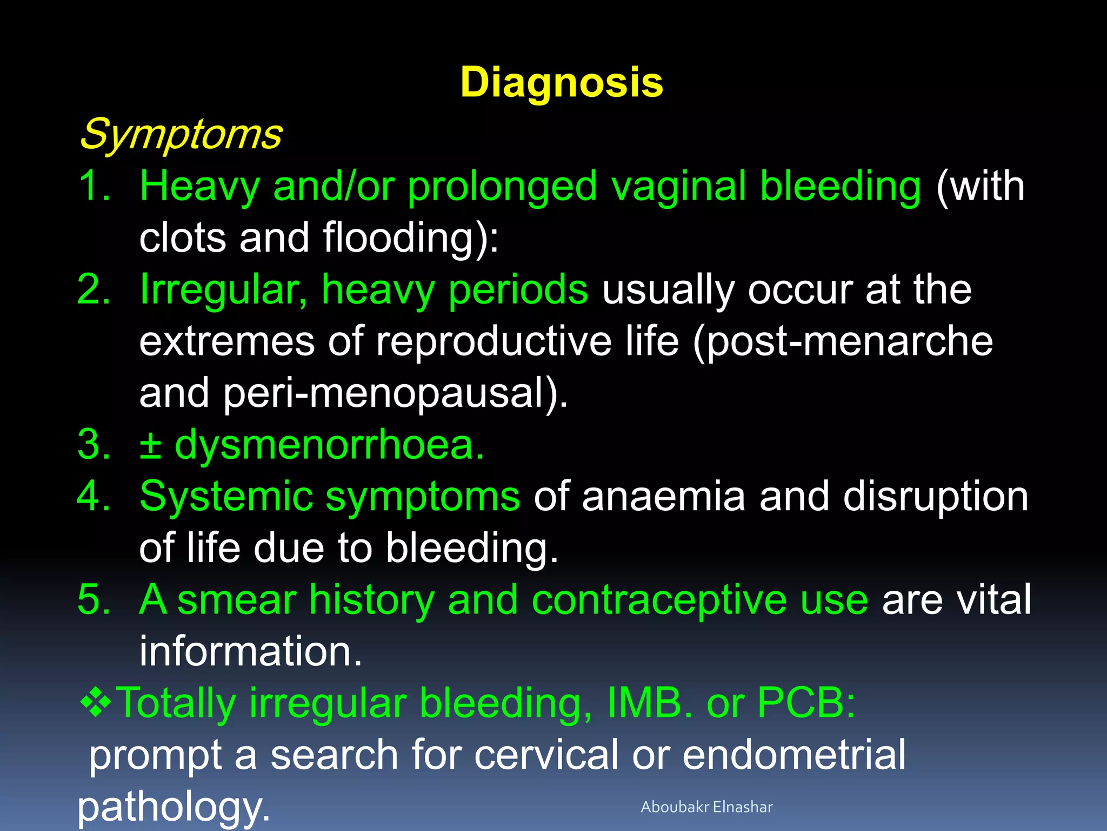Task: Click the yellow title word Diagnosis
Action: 562,83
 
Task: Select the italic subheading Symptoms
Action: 181,134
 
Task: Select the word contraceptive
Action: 658,599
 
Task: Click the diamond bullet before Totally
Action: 95,702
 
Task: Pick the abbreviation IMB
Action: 643,703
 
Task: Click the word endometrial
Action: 793,754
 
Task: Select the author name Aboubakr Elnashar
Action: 706,807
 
